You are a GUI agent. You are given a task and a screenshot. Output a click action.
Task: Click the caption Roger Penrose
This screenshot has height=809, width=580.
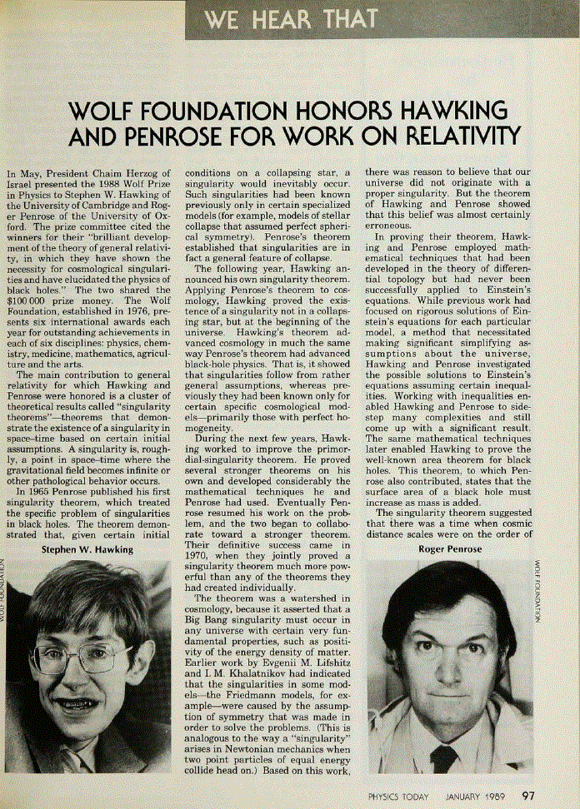[x=450, y=549]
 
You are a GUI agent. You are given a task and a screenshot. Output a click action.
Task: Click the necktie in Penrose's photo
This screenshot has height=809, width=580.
[x=444, y=758]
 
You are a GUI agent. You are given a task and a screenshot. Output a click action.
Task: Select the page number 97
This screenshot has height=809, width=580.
[x=529, y=796]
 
